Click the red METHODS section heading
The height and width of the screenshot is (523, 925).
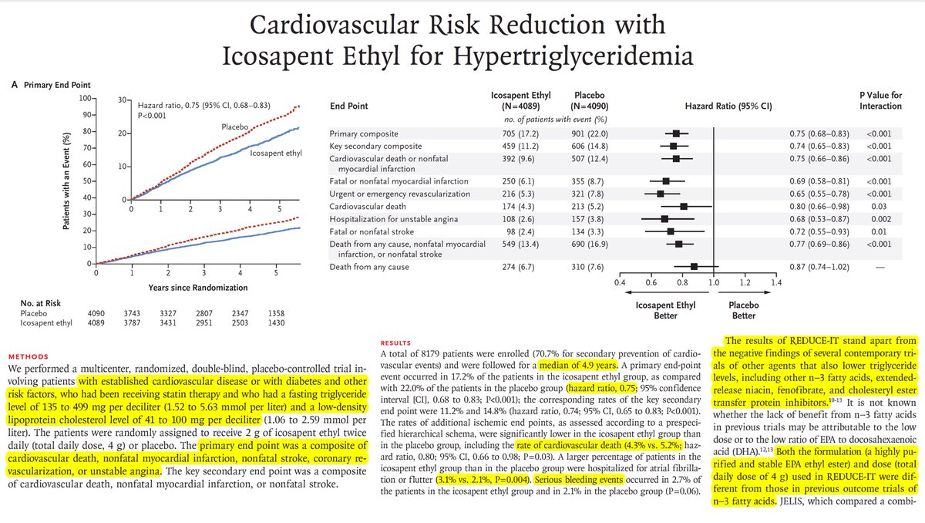(x=29, y=358)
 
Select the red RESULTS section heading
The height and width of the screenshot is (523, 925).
(x=399, y=342)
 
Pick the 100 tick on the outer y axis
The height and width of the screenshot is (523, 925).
(x=82, y=99)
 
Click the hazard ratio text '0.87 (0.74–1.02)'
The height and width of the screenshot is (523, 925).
(x=812, y=267)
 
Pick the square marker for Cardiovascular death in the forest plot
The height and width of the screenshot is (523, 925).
(x=684, y=207)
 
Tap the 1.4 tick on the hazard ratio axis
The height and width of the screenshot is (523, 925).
(x=776, y=283)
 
